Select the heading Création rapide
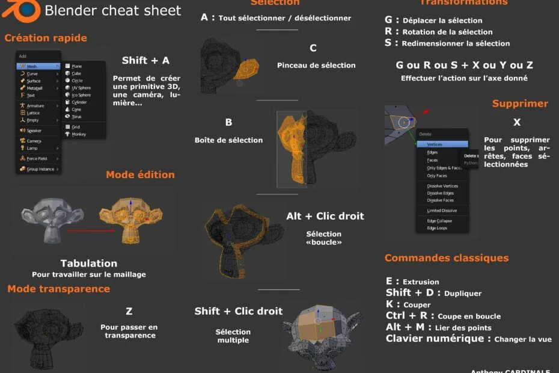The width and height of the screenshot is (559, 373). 46,38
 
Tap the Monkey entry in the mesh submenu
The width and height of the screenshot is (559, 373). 79,134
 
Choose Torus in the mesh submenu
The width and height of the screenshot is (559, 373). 76,117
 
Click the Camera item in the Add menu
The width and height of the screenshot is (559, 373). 34,141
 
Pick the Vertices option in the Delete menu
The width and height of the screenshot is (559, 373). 435,144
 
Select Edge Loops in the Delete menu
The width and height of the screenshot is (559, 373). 437,228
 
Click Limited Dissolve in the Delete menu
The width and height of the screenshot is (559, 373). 442,211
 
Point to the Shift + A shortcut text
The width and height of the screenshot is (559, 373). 145,60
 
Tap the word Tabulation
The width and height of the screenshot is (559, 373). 89,263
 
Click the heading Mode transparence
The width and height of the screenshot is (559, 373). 59,289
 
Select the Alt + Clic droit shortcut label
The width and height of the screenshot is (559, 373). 325,216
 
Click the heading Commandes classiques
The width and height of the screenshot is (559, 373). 447,258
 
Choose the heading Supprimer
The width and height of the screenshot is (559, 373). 520,103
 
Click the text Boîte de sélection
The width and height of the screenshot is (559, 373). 228,140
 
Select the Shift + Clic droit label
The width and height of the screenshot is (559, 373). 238,311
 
